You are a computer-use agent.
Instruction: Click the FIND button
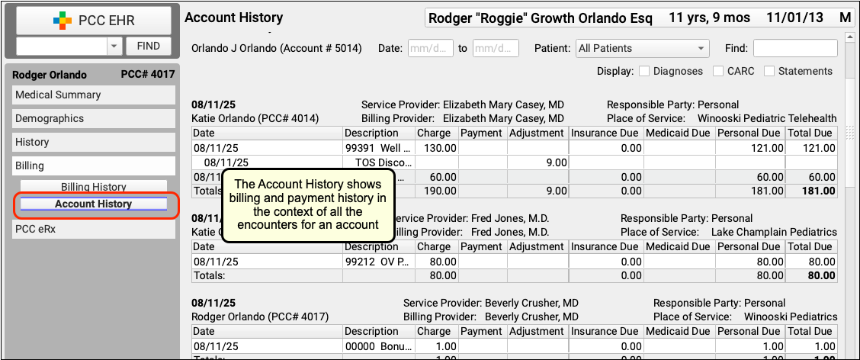(x=148, y=46)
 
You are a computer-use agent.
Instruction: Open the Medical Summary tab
(x=94, y=95)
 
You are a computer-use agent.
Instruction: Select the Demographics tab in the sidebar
(x=94, y=118)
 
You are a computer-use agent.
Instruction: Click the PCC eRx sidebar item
(x=94, y=230)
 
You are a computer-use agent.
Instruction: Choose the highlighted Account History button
(x=94, y=204)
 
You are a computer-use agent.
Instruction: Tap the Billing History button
(x=94, y=187)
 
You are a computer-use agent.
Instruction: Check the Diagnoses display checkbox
(x=644, y=72)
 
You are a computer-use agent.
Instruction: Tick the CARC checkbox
(x=718, y=72)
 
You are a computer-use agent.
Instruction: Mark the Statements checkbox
(x=769, y=72)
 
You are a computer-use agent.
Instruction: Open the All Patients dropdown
(x=642, y=48)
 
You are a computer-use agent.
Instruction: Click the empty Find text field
(x=795, y=48)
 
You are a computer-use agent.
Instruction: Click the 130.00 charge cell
(x=437, y=148)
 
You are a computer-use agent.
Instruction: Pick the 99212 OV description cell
(x=378, y=262)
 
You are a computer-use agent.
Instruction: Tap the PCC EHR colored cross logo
(x=62, y=21)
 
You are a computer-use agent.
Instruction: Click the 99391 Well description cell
(x=378, y=148)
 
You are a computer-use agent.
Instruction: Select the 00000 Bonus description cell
(x=378, y=346)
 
